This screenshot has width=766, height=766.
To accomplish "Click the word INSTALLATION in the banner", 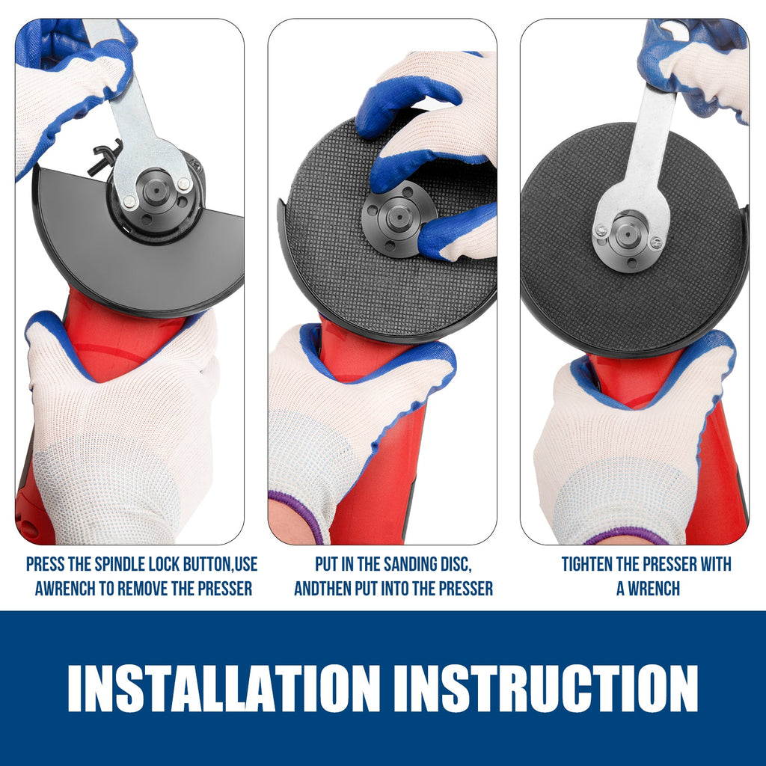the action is tap(224, 688).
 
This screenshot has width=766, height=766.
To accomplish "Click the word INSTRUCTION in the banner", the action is tap(546, 688).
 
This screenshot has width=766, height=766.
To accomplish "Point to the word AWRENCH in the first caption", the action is tap(66, 589).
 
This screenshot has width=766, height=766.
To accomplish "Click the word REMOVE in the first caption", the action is tap(143, 589).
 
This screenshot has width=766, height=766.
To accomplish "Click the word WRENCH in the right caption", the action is tap(654, 589).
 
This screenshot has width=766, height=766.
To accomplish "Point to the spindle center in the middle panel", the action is tap(399, 218).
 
